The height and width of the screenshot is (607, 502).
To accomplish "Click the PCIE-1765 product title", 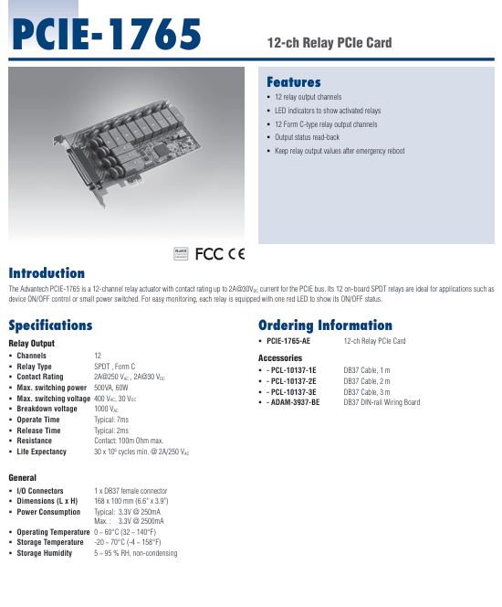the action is point(105,36).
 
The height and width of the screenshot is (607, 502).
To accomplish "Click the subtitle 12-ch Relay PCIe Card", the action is point(329,43).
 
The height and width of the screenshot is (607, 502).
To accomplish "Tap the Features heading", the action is point(293,82).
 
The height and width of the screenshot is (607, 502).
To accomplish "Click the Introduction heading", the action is point(47,273).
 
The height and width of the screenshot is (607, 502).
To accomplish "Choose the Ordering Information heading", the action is point(325,325).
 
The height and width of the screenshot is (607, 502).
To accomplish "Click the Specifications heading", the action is point(50,325).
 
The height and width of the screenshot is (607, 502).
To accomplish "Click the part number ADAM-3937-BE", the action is point(292,402).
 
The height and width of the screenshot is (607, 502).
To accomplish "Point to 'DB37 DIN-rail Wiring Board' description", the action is point(382,402).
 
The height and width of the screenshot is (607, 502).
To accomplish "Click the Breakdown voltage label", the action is point(47,409).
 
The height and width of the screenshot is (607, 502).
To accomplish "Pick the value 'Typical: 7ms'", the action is point(111,420).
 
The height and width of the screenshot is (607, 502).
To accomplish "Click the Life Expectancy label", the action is point(42,452).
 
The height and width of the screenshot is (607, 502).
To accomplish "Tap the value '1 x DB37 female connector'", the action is point(131,491).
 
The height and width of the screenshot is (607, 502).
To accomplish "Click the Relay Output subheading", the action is point(32,344).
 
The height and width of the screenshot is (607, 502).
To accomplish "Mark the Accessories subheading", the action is point(280,357).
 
